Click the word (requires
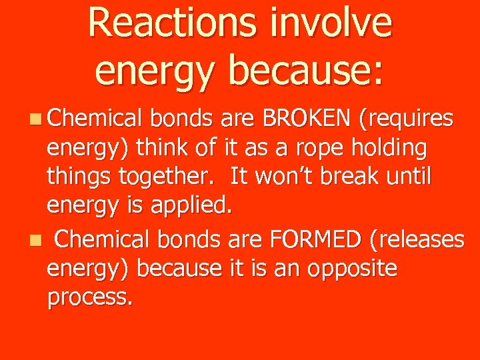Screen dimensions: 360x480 point(407,121)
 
